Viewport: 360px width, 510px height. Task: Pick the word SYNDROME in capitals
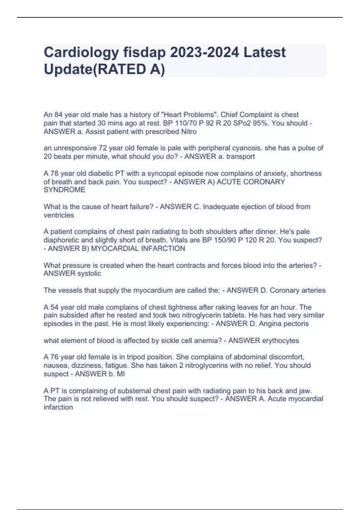(x=64, y=190)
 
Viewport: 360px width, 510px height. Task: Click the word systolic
(x=89, y=273)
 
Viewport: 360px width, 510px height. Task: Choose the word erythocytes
(x=280, y=340)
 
